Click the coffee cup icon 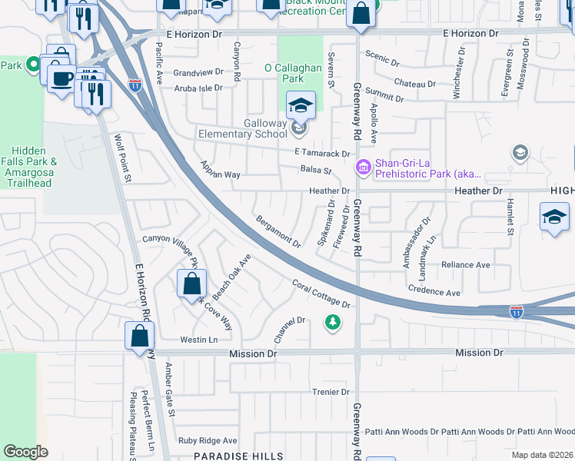coord(61,77)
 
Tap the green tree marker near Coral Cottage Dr coord(332,323)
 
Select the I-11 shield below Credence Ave coord(517,311)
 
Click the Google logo coord(25,452)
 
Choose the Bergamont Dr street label coord(278,231)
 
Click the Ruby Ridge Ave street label coord(208,440)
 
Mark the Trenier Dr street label coord(331,392)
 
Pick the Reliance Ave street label coord(466,265)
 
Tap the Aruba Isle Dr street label coord(198,88)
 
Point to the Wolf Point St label coord(124,158)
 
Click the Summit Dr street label coord(385,95)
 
